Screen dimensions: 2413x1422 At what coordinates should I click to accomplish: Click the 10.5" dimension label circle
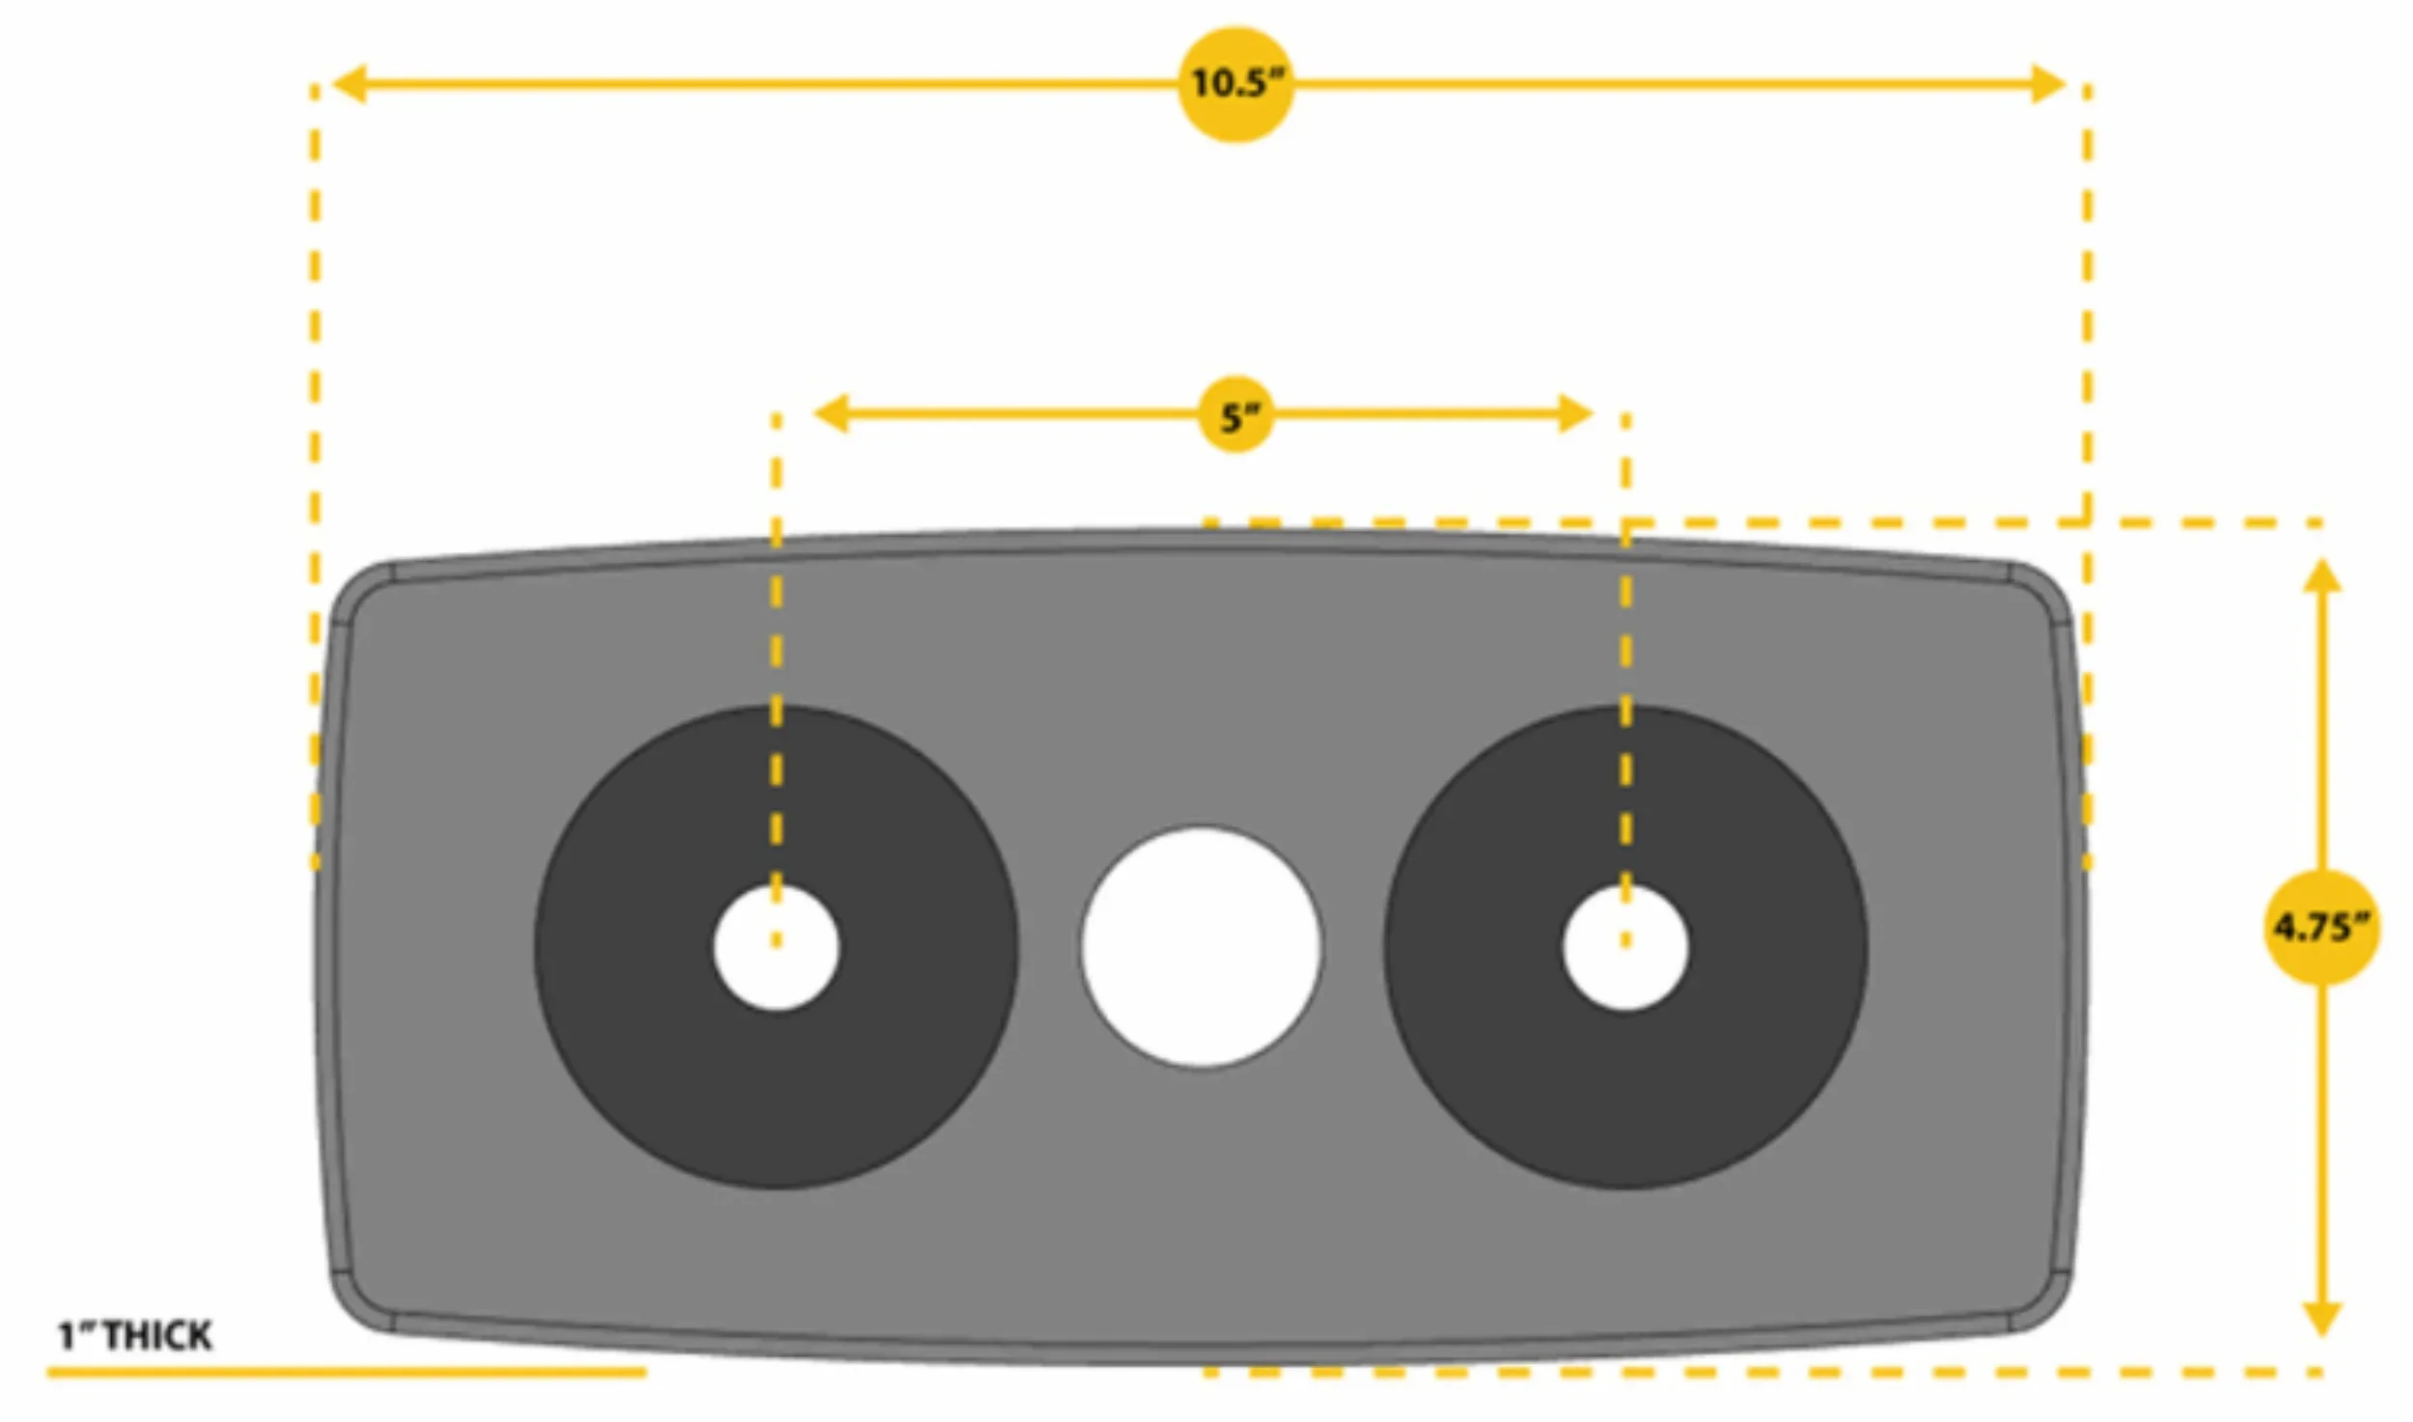(1235, 85)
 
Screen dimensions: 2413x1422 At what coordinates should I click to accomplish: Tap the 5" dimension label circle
(1235, 414)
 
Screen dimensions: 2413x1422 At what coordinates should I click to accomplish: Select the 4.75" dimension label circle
(2321, 927)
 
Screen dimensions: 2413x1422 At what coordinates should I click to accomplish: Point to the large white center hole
(1201, 946)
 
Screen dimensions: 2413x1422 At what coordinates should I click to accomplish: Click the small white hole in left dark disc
(776, 947)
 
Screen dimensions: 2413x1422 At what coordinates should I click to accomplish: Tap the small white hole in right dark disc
(1625, 947)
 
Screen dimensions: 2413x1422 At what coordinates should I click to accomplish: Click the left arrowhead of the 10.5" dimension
(348, 84)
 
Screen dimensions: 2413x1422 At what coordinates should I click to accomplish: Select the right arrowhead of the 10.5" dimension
(2047, 84)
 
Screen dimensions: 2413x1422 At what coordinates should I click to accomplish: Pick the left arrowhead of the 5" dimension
(831, 414)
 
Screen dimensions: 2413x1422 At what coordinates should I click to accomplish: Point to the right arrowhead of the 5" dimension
(1574, 414)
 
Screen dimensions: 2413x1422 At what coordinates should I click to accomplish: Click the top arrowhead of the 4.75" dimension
(2322, 575)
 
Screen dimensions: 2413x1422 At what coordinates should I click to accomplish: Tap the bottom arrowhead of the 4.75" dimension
(2322, 1319)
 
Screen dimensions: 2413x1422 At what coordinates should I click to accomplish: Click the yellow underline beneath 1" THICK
(347, 1372)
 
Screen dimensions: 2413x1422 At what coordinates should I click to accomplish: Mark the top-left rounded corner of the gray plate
(357, 589)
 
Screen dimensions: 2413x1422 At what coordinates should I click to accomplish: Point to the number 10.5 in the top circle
(1228, 83)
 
